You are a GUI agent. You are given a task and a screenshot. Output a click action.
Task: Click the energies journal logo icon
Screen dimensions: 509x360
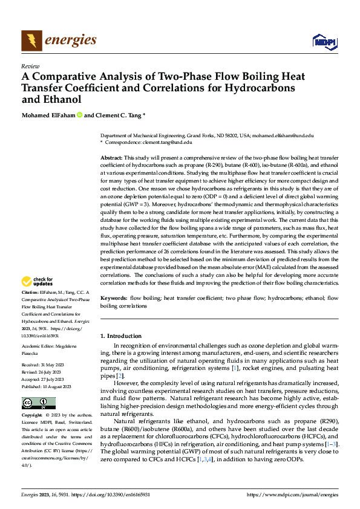[31, 41]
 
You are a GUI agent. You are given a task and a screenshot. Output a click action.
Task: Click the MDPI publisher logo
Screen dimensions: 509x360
[323, 41]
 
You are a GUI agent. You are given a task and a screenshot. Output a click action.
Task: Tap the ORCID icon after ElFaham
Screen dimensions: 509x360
[79, 115]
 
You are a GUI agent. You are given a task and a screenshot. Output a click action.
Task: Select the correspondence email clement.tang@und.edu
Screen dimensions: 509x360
[165, 142]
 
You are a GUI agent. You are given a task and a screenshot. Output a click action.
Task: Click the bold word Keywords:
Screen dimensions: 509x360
[114, 299]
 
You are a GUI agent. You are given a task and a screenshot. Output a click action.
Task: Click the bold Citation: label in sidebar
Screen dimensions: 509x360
[31, 292]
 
